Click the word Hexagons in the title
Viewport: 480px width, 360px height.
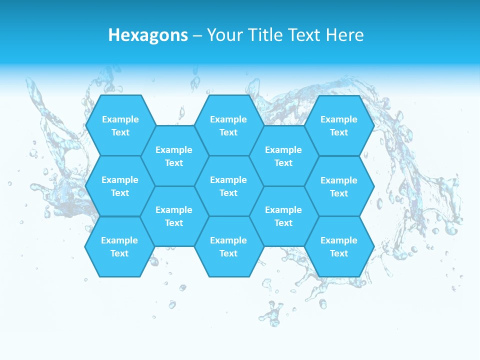point(148,35)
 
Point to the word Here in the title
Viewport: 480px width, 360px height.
point(345,35)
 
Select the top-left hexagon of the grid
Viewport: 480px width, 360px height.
point(120,125)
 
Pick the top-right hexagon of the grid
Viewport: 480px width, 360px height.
point(339,125)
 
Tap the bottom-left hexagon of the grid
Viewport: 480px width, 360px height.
point(119,246)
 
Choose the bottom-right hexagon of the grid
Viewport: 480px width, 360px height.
point(339,246)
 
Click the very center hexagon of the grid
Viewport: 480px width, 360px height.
point(228,186)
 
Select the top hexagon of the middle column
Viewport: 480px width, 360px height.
point(228,125)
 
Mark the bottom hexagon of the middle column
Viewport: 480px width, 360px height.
point(228,246)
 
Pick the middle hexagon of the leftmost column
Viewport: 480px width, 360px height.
point(120,186)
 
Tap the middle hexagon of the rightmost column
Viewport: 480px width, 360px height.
point(339,186)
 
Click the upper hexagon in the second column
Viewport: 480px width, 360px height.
point(174,156)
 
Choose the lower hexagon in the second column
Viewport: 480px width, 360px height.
point(174,216)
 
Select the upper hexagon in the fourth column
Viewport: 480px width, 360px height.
point(283,156)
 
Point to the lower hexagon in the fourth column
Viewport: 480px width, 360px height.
point(283,216)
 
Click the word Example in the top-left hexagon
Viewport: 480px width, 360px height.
point(120,119)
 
